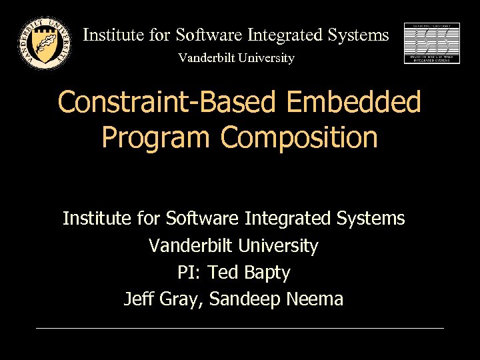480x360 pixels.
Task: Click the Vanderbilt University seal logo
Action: point(44,42)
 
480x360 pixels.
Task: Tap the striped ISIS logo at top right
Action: point(432,43)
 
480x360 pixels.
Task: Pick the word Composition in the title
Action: point(299,137)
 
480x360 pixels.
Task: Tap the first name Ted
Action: point(223,273)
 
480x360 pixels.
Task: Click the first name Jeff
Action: point(139,299)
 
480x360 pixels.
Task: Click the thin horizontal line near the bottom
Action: point(240,328)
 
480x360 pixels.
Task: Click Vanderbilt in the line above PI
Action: point(189,246)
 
